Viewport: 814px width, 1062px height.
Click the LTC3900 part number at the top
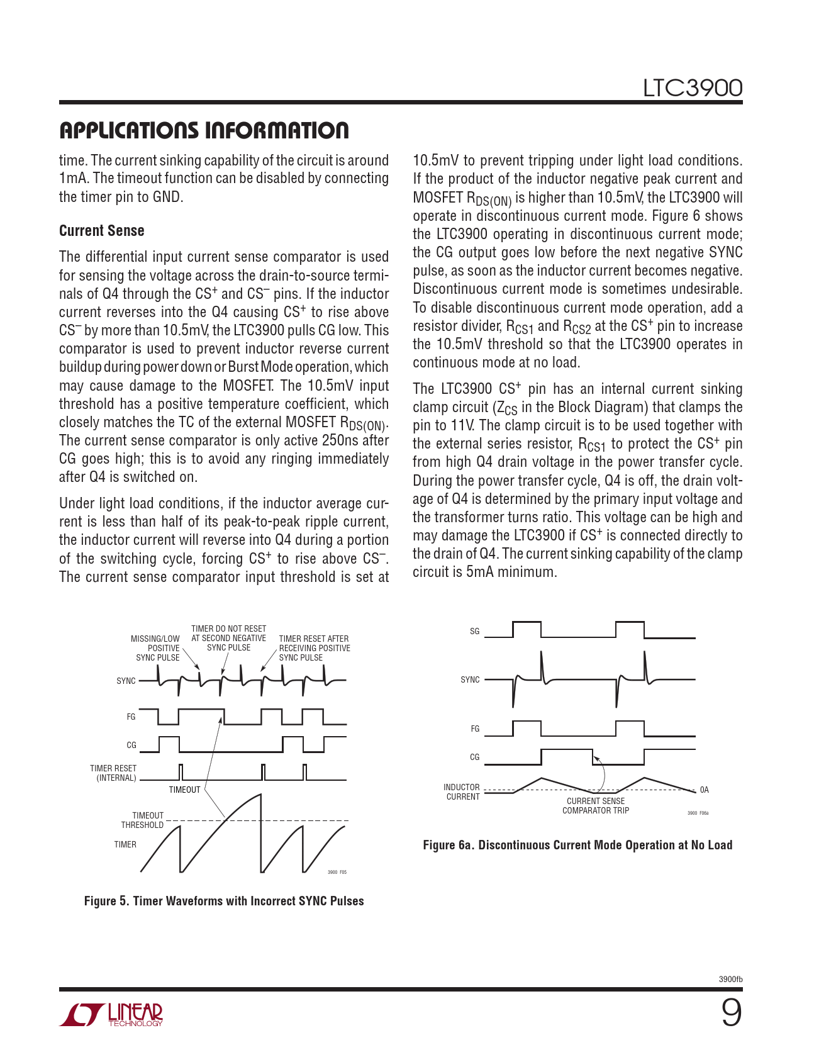click(692, 88)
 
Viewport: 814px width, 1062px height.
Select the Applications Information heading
click(204, 131)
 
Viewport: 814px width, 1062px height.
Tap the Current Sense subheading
click(102, 231)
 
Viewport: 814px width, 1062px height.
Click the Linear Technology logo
click(111, 1014)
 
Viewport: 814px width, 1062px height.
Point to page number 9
click(731, 1014)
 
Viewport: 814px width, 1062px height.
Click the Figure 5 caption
click(224, 901)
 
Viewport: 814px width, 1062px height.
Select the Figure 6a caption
click(577, 845)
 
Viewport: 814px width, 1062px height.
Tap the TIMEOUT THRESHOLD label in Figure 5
click(143, 820)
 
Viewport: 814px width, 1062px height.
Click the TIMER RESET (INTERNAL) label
click(113, 773)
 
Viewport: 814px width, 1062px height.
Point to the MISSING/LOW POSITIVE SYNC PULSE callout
click(156, 648)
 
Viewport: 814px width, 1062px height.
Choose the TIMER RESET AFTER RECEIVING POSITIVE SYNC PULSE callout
click(314, 648)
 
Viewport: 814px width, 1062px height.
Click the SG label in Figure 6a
click(475, 631)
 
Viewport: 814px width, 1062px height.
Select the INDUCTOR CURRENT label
click(462, 792)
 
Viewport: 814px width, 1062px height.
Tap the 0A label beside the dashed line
click(705, 790)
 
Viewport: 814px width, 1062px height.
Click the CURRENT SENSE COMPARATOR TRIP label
click(596, 806)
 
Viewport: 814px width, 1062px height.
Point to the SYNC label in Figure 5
click(126, 681)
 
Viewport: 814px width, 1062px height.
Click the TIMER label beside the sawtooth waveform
click(125, 844)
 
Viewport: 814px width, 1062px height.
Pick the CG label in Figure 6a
click(475, 757)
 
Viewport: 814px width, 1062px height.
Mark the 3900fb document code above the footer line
click(730, 980)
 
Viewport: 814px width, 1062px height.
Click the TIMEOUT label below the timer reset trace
click(184, 790)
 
